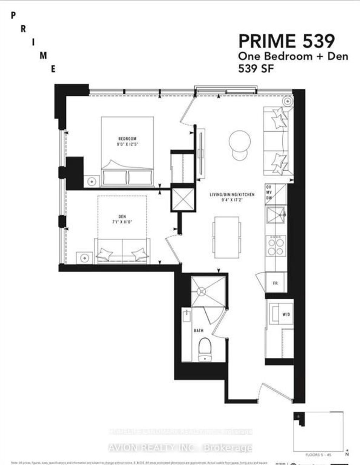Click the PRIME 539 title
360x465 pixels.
point(287,41)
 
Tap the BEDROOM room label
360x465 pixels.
point(127,139)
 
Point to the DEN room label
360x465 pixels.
point(122,217)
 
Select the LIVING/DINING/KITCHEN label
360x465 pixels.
point(232,195)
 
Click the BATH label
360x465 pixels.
point(199,330)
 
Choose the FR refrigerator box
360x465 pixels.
point(275,283)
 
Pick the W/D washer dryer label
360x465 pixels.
point(286,314)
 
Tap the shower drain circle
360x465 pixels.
point(201,291)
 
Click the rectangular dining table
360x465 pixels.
point(227,237)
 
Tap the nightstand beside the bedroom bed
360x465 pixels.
point(92,181)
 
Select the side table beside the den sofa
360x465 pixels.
point(85,258)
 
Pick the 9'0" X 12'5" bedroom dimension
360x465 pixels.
point(127,144)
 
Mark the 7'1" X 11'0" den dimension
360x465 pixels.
point(122,222)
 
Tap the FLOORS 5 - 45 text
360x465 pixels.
point(318,455)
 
